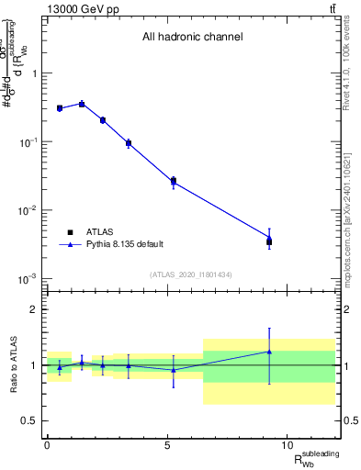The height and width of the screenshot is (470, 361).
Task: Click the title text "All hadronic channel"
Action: pyautogui.click(x=192, y=38)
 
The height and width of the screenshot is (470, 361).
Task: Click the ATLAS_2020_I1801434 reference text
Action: pyautogui.click(x=192, y=275)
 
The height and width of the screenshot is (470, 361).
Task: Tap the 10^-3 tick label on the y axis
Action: pyautogui.click(x=30, y=278)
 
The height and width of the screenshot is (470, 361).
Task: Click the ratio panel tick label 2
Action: pyautogui.click(x=37, y=309)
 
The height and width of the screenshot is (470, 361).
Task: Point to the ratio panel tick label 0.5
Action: pyautogui.click(x=33, y=420)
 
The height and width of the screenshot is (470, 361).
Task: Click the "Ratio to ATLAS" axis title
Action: pyautogui.click(x=13, y=364)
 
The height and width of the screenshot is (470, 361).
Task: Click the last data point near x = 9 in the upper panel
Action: pyautogui.click(x=269, y=241)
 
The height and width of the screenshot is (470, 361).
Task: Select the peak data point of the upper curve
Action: pyautogui.click(x=82, y=104)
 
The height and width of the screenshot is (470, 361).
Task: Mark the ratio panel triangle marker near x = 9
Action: pyautogui.click(x=269, y=351)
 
